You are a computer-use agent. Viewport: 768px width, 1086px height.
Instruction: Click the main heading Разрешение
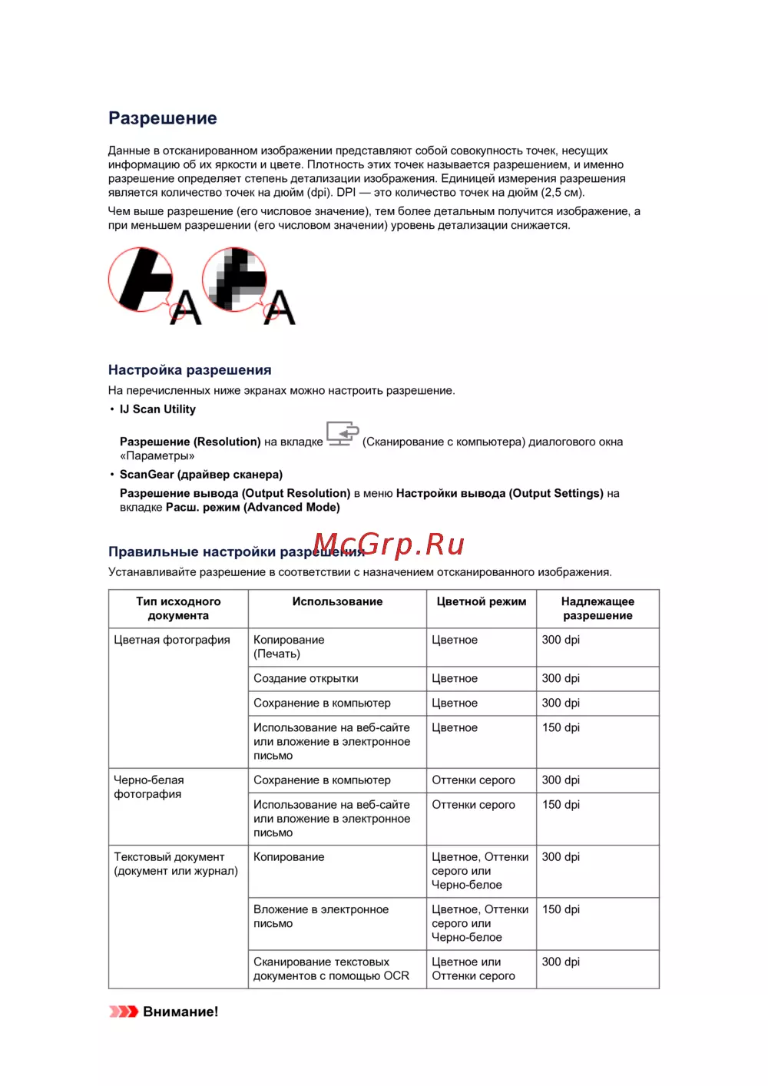click(163, 118)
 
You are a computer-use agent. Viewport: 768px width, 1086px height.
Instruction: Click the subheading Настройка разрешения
click(190, 370)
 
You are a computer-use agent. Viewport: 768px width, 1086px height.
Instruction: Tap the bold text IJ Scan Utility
click(157, 409)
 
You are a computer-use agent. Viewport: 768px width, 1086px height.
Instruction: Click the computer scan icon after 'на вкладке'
click(343, 434)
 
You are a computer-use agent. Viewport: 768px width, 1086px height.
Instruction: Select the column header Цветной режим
click(482, 602)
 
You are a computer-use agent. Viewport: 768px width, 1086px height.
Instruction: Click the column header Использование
click(337, 602)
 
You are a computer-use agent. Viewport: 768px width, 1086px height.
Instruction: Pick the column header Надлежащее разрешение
click(598, 609)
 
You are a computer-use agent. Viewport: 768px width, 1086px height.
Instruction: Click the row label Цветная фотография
click(172, 640)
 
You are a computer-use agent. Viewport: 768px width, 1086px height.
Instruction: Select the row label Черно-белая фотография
click(149, 787)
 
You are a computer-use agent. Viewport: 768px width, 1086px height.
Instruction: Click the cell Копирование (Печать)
click(289, 647)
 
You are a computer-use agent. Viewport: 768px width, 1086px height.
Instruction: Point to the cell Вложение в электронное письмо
click(321, 916)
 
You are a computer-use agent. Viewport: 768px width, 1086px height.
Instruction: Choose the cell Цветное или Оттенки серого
click(473, 969)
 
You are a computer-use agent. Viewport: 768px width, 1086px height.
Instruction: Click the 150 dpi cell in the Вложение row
click(561, 909)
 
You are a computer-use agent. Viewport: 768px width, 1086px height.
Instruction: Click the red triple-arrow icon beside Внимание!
click(123, 1012)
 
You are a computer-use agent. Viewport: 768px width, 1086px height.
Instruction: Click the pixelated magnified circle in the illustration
click(234, 279)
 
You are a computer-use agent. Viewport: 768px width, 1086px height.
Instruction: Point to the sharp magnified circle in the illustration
click(141, 279)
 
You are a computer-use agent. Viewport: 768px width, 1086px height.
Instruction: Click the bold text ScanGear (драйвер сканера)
click(201, 475)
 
